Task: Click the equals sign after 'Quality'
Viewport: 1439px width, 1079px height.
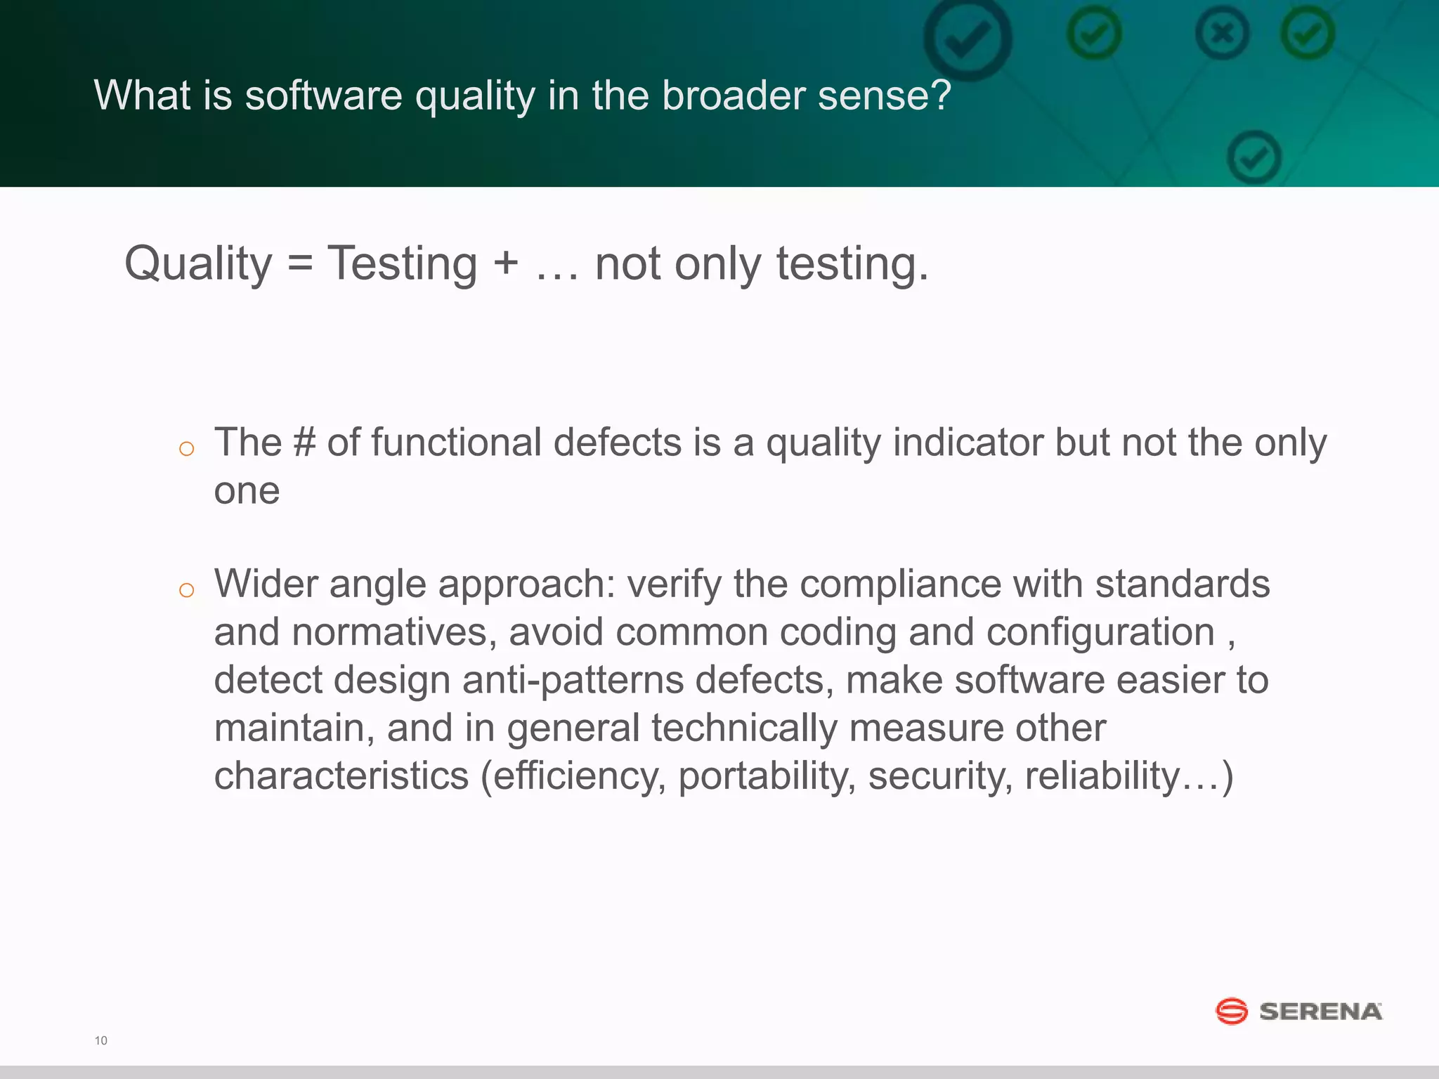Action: (x=299, y=266)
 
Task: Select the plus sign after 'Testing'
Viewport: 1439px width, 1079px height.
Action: (x=506, y=266)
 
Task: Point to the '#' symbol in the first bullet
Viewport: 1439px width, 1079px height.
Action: (x=304, y=443)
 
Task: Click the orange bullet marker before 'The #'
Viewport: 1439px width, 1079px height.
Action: (x=186, y=449)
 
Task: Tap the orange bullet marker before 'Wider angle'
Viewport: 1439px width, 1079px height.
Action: (x=186, y=590)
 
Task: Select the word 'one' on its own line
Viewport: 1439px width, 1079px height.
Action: (x=247, y=491)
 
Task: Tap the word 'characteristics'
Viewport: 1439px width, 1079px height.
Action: (x=341, y=776)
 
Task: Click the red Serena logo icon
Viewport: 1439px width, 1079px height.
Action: (x=1231, y=1012)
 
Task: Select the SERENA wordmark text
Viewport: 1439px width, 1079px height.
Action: (x=1320, y=1012)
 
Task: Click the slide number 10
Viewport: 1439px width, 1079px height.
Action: (x=101, y=1040)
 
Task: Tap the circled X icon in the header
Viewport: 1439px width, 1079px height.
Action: (x=1223, y=33)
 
